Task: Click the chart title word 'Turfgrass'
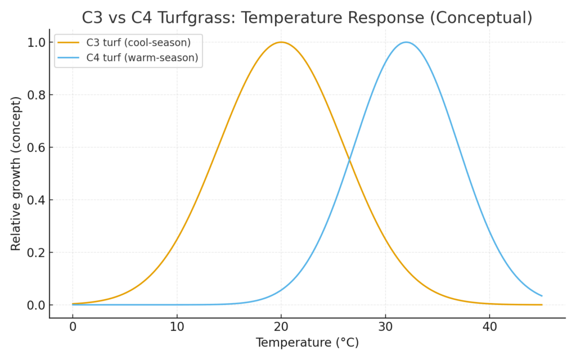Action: coord(200,17)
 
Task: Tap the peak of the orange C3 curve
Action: coord(281,42)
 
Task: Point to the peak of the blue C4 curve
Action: coord(406,42)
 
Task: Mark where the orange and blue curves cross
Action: coord(349,160)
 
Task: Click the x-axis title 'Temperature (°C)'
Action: coord(307,343)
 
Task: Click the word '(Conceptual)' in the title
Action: coord(480,17)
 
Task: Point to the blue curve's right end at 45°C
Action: coord(542,296)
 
